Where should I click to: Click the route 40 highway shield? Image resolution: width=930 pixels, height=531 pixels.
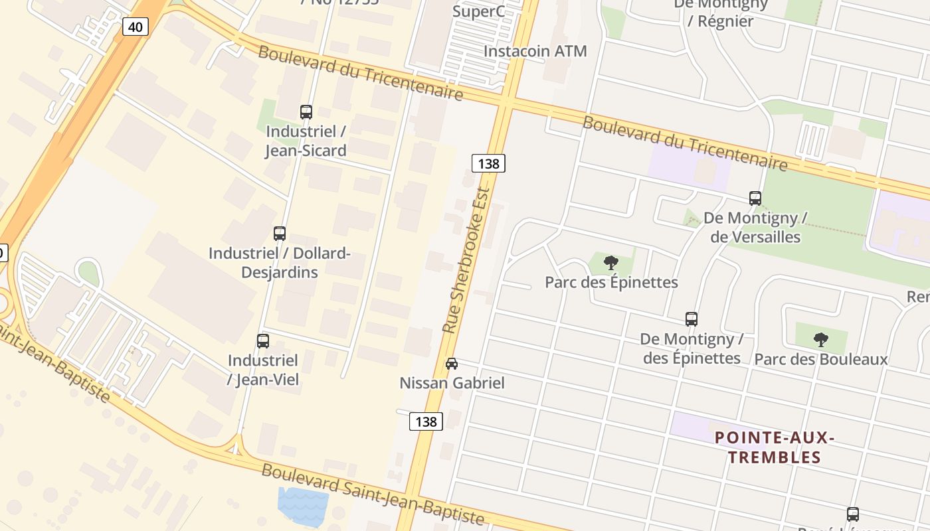pos(136,27)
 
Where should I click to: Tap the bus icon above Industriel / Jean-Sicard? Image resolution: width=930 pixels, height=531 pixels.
pos(306,112)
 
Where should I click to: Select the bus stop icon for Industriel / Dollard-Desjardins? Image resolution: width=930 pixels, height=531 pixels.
pos(280,234)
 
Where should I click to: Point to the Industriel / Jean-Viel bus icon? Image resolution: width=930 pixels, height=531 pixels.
pos(263,341)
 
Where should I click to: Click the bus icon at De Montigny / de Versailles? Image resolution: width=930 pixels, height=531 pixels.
pos(755,198)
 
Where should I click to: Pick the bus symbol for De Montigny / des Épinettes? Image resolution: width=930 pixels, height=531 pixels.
pos(692,319)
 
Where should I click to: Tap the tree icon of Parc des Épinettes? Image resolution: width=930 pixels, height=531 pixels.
pos(611,263)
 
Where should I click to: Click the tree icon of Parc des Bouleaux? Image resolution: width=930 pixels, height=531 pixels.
pos(821,340)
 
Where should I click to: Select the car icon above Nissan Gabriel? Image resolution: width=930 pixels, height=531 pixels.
pos(452,364)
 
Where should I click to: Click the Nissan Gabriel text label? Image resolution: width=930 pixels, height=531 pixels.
pos(452,383)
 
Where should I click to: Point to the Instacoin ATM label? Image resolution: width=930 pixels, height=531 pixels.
pos(535,51)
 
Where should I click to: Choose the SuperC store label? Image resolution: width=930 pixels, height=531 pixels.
pos(478,11)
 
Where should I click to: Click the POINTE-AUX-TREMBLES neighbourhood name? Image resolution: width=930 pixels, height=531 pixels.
pos(775,447)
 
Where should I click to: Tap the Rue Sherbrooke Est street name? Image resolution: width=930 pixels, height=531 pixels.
pos(466,260)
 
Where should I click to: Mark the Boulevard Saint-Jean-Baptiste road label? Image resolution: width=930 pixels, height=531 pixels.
pos(372,494)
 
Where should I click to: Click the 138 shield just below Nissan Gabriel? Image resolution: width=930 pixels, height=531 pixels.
pos(426,421)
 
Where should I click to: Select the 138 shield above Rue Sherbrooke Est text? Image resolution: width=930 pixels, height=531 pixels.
pos(488,163)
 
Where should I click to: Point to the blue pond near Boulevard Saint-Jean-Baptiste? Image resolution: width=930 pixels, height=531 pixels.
pos(302,502)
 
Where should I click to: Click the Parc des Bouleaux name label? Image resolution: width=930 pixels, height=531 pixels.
pos(821,360)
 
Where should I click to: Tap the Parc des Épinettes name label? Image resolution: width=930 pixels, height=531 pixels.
pos(611,283)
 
